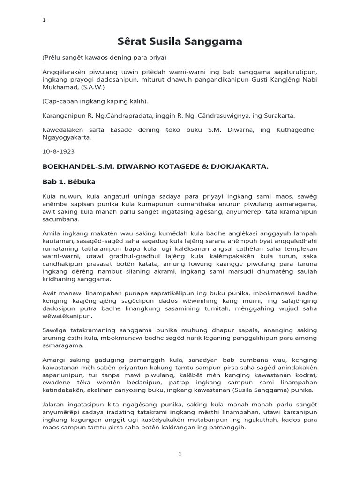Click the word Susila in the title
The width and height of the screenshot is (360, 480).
pyautogui.click(x=181, y=42)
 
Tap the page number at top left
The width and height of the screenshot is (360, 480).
pyautogui.click(x=44, y=20)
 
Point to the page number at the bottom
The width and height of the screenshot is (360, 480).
pyautogui.click(x=180, y=454)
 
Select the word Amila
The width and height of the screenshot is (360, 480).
pyautogui.click(x=51, y=234)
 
